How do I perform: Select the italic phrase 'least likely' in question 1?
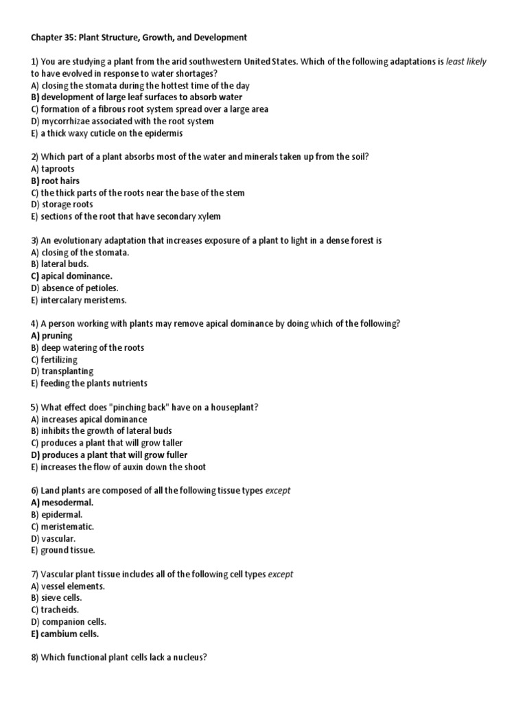coord(466,61)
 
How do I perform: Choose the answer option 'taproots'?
coord(58,169)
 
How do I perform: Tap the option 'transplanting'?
coord(67,371)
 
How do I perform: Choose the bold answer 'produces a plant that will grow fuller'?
coord(114,454)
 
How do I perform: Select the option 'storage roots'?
coord(67,205)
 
